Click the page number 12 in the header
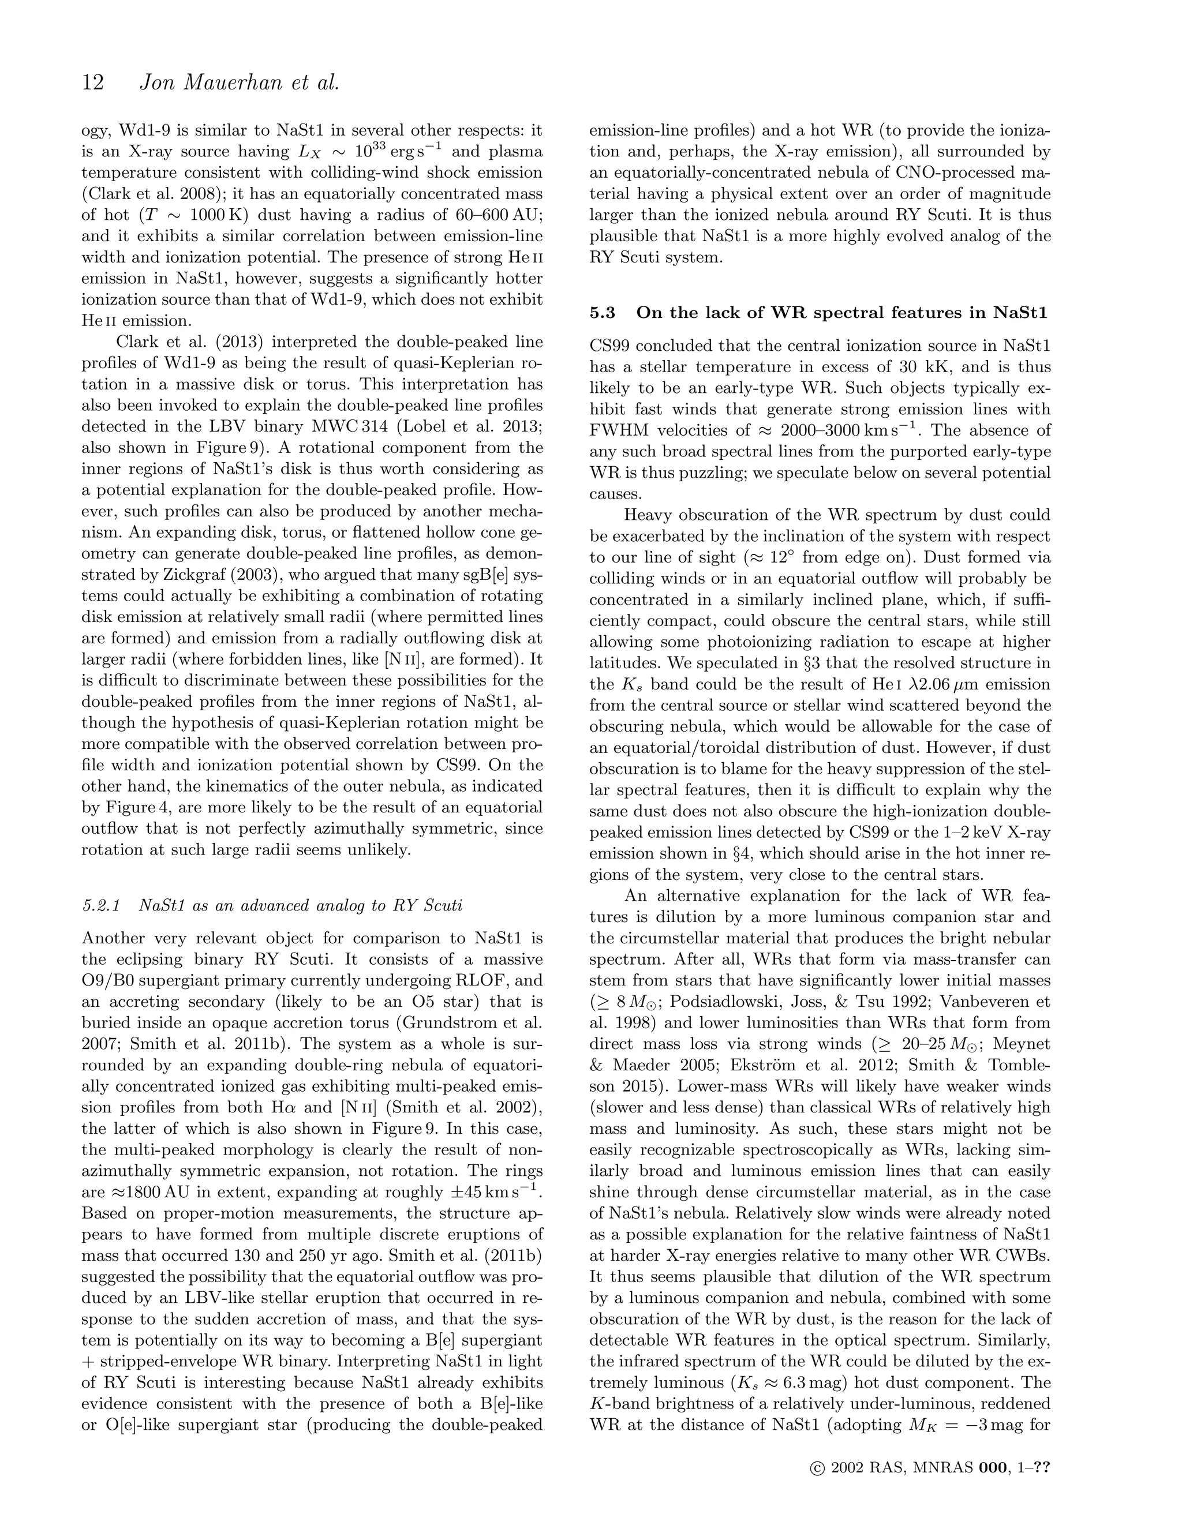coord(92,83)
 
